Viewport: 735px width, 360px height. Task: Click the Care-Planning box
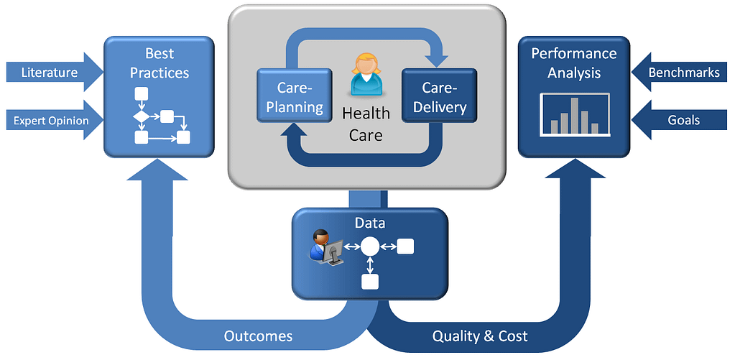click(295, 97)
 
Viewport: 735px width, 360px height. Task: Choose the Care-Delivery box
click(439, 97)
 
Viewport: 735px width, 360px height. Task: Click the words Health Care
click(366, 124)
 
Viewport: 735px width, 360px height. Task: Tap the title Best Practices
click(159, 63)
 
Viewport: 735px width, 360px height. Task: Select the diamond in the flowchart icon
click(142, 116)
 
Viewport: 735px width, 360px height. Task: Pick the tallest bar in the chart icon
click(574, 115)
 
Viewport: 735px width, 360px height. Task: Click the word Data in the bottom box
click(369, 223)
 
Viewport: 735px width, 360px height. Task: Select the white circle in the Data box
click(369, 246)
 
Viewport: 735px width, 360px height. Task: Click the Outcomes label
click(258, 336)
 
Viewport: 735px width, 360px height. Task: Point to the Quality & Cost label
click(480, 336)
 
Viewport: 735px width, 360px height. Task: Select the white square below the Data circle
click(369, 282)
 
